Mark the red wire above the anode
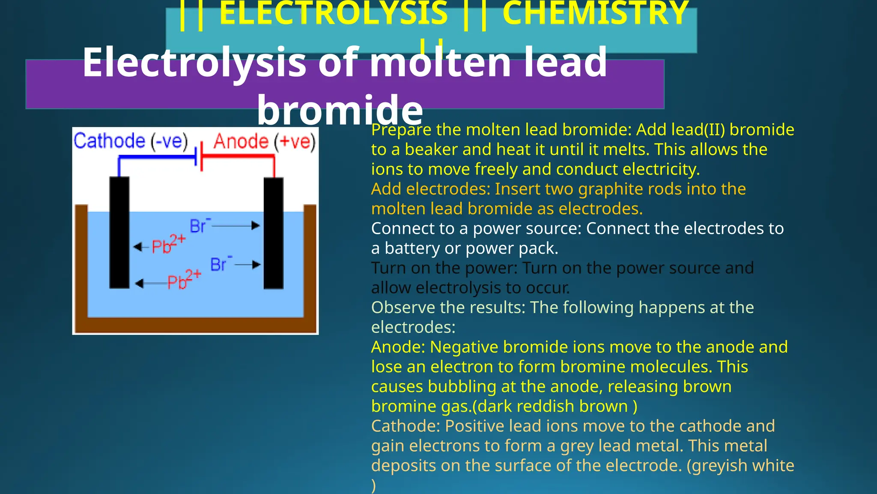(240, 157)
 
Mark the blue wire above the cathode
(156, 157)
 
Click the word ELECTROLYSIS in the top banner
(333, 13)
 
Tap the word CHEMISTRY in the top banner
(595, 13)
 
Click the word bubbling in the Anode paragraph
(462, 387)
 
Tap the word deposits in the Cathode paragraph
(403, 466)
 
